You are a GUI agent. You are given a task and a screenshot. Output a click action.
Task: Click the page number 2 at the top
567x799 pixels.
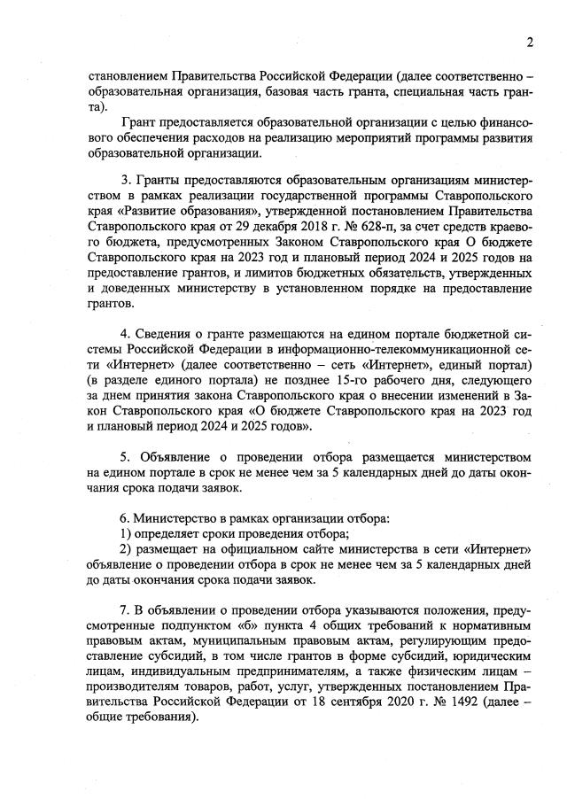[x=529, y=42]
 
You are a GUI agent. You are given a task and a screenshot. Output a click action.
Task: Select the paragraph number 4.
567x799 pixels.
[x=125, y=334]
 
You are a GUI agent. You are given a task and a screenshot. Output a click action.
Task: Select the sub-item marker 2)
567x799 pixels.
[x=126, y=548]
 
